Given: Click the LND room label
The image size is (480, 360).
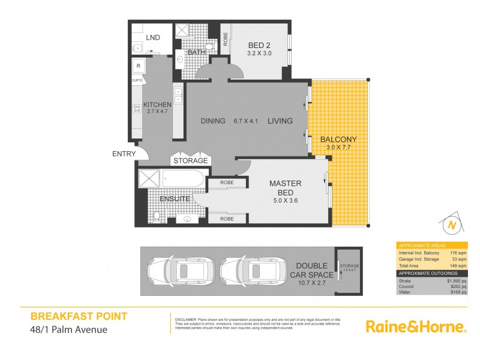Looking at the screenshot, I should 153,37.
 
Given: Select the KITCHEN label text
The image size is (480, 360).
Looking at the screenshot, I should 157,104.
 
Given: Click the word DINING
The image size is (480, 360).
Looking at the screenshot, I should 213,121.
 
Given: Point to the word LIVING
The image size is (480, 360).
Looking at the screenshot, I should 280,121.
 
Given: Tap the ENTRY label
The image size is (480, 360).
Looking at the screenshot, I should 123,154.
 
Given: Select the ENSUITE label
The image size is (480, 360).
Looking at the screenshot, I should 175,198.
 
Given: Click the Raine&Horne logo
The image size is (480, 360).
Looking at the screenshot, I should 416,326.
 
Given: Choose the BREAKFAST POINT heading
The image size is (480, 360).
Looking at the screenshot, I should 79,316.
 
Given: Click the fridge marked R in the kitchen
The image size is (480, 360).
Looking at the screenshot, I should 139,66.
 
